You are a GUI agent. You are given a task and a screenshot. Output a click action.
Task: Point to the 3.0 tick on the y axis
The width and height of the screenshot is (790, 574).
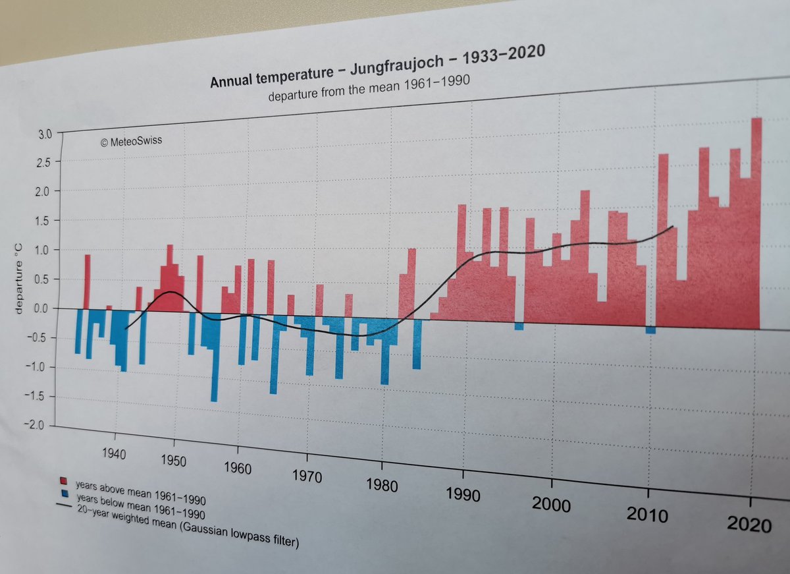43,134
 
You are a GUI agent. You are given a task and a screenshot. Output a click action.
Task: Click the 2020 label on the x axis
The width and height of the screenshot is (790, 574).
749,525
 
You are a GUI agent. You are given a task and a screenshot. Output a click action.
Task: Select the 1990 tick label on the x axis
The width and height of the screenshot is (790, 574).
463,493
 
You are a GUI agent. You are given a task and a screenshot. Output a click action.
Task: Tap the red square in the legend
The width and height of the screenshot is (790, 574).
65,480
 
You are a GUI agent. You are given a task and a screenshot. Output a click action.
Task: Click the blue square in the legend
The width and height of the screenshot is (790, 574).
65,493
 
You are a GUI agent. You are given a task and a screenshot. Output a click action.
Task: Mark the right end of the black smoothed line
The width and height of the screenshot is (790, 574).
673,227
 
